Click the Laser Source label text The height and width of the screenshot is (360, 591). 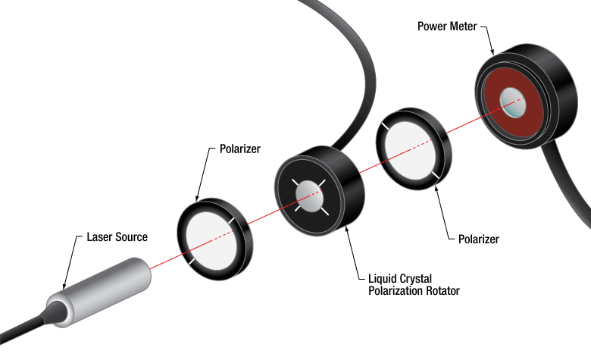(116, 237)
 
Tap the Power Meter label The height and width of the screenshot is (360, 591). (447, 26)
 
